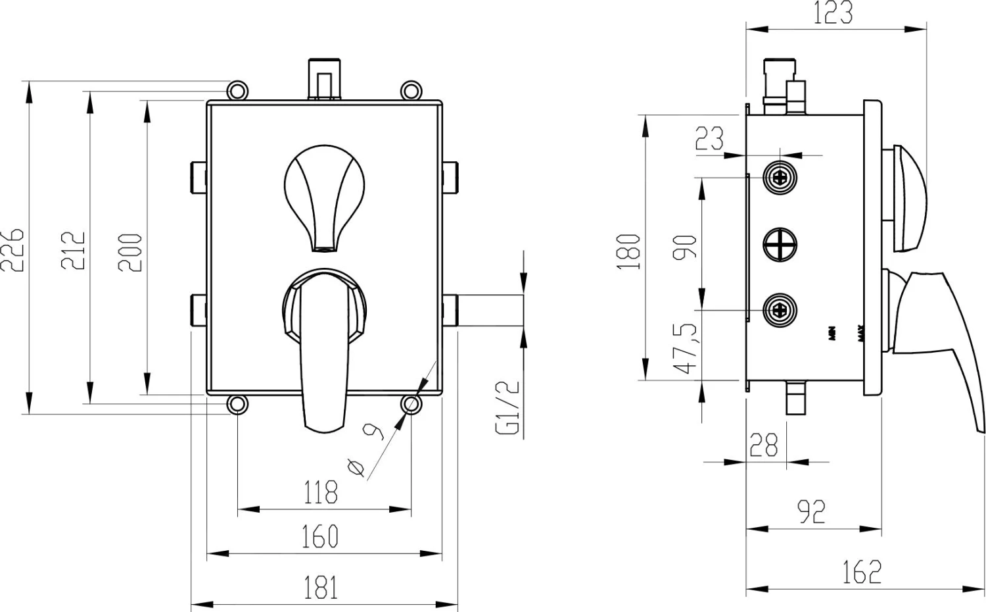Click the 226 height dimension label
click(x=13, y=250)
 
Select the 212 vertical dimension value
click(x=74, y=250)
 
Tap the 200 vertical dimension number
click(x=130, y=253)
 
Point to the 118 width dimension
click(x=321, y=492)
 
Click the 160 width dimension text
click(x=320, y=536)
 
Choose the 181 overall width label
click(x=321, y=587)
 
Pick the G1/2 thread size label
click(x=509, y=408)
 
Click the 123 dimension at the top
click(x=833, y=13)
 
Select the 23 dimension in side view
click(x=710, y=138)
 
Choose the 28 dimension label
click(x=764, y=446)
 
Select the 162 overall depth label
click(x=862, y=571)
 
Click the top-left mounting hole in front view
click(x=237, y=89)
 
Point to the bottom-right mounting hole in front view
click(x=411, y=403)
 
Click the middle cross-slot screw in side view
click(x=780, y=244)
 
